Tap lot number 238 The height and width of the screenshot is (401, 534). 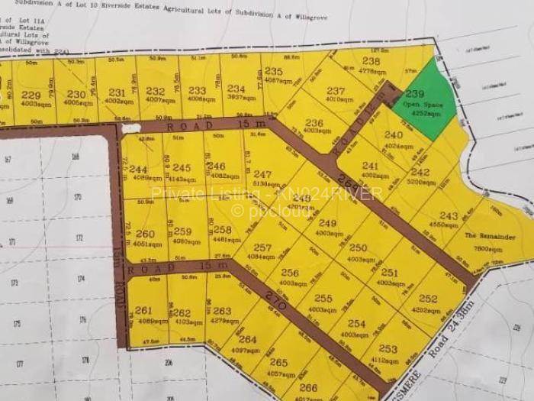coord(371,61)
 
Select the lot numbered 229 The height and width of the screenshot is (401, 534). coord(31,94)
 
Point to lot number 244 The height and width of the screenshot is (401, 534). coord(138,169)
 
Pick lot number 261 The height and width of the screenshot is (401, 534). coord(143,310)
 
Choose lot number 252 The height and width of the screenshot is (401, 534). coord(428,299)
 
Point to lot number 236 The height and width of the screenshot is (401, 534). coord(314,121)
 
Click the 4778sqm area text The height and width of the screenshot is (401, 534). coord(372,71)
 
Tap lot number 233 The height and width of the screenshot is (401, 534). coord(197,90)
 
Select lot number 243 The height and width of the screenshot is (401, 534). coord(449,215)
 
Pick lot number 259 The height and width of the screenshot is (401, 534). coord(182,231)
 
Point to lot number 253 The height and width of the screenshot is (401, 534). coord(388,348)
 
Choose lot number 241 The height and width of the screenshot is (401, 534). coord(370,165)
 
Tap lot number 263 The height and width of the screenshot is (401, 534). coord(221,311)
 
